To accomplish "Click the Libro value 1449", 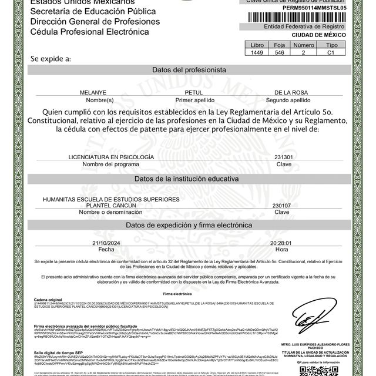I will tap(258, 52).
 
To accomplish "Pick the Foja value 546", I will tap(279, 52).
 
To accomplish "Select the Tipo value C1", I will tap(331, 52).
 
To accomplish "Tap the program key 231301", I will tap(284, 157).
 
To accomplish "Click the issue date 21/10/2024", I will tap(106, 243).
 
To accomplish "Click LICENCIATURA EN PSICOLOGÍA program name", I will tap(111, 157).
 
